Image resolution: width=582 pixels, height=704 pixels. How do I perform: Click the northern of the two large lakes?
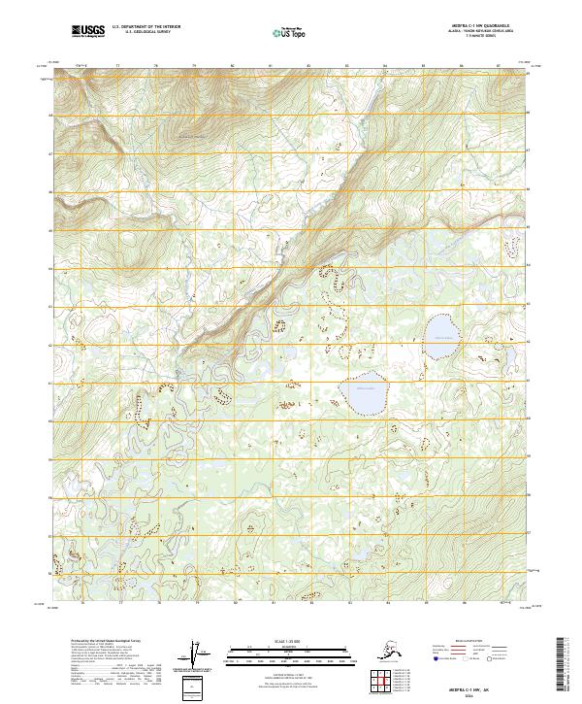[441, 341]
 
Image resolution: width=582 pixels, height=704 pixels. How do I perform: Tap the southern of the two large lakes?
[364, 392]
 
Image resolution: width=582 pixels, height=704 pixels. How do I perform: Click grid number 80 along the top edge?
[232, 66]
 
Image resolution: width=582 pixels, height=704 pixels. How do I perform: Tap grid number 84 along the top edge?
[385, 66]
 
